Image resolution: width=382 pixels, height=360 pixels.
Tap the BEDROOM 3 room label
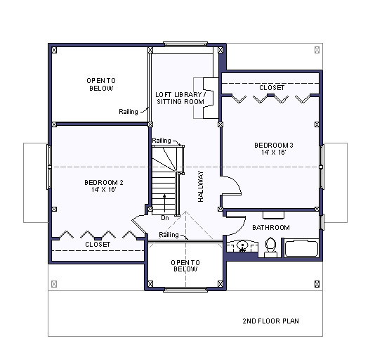tap(273, 148)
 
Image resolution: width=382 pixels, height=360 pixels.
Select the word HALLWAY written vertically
tap(201, 187)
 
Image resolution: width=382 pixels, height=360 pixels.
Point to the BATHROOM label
tap(271, 228)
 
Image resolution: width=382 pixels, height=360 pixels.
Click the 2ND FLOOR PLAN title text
tap(271, 321)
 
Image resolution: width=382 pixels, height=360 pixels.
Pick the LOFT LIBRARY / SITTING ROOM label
tap(180, 98)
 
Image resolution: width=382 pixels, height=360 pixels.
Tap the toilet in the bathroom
tap(271, 247)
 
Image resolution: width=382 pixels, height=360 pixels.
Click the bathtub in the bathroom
tap(301, 248)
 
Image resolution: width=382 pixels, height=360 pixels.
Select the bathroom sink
tap(244, 247)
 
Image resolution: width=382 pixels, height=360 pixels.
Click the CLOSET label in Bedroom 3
tap(272, 87)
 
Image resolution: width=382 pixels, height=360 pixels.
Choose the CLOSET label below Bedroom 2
tap(98, 245)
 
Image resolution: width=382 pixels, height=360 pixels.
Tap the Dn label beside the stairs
tap(164, 217)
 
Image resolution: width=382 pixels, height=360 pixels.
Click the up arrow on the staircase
tap(165, 202)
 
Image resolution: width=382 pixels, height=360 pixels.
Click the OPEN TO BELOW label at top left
tap(101, 84)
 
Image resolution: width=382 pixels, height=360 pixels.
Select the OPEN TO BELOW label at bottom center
tap(186, 266)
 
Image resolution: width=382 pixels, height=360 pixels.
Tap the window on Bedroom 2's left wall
tap(48, 167)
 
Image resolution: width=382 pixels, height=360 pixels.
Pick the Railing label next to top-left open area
tap(129, 111)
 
